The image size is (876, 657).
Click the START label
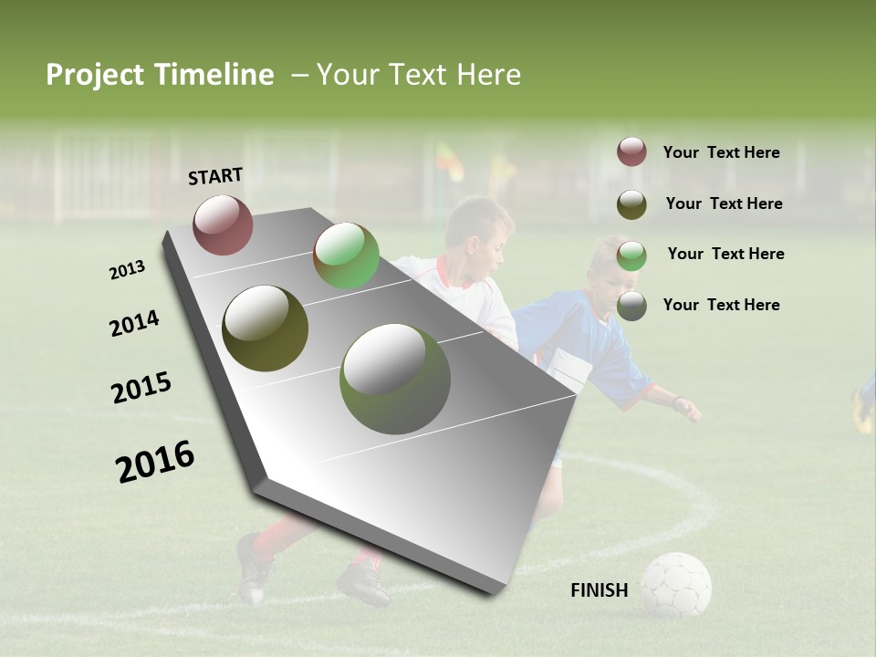[215, 175]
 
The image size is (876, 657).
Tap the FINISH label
[599, 590]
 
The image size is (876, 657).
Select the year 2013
[127, 270]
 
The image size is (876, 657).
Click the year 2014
[134, 323]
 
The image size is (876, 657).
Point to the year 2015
[141, 389]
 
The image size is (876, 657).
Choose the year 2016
[155, 462]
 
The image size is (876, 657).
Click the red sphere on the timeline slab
[223, 224]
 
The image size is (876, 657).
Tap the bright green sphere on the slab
[346, 255]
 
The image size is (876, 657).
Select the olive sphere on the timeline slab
[265, 328]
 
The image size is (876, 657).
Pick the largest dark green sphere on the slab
[394, 379]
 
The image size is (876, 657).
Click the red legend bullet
[631, 152]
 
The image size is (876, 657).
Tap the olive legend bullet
[631, 204]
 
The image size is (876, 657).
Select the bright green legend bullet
[631, 255]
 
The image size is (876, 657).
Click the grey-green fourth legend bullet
[631, 306]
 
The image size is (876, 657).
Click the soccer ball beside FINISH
[675, 584]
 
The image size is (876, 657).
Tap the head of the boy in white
[480, 228]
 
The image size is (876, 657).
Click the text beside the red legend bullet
[721, 152]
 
